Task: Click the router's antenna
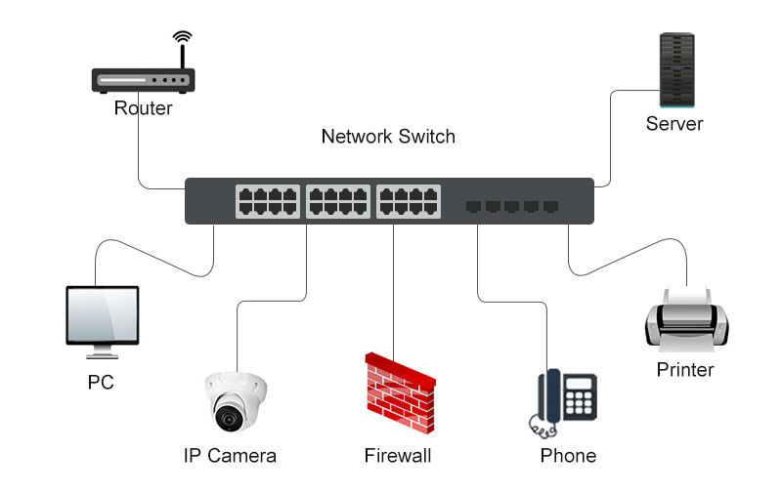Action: [183, 57]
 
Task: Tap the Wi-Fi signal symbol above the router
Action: [182, 37]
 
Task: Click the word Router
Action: [143, 108]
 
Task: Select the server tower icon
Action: [676, 69]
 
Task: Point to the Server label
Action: [674, 123]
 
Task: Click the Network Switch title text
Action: [388, 137]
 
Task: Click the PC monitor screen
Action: [103, 314]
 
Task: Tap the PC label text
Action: [101, 382]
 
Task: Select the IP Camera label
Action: [230, 456]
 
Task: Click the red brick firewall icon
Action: [400, 392]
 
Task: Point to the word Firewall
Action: [398, 456]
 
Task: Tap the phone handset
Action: [552, 396]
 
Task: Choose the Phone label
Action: [568, 456]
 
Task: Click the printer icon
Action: [687, 318]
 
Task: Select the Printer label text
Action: [685, 369]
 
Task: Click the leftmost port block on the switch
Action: [268, 201]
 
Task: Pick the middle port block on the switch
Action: [338, 201]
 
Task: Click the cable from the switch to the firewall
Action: [393, 292]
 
